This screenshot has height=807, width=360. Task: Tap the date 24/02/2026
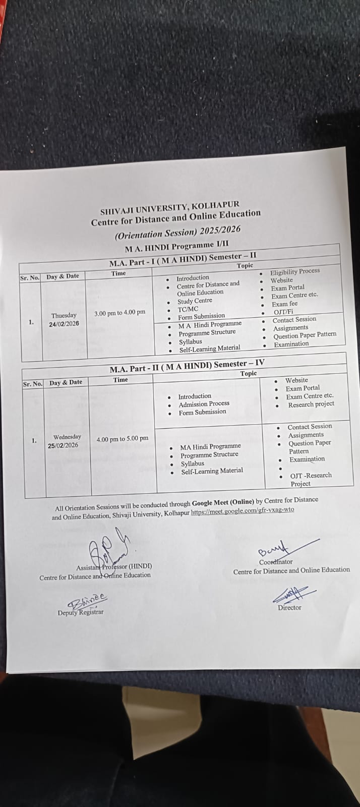click(x=64, y=324)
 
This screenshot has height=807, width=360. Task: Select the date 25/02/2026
click(x=63, y=445)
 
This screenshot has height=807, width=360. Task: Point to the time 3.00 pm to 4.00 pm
click(x=119, y=313)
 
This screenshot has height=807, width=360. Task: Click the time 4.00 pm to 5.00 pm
click(x=123, y=439)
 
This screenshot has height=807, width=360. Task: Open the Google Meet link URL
click(x=242, y=510)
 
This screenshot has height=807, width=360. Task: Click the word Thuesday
click(x=64, y=316)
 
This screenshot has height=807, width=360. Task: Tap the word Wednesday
click(x=67, y=437)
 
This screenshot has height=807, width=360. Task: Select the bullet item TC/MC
click(x=188, y=309)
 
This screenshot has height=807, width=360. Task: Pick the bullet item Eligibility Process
click(x=294, y=271)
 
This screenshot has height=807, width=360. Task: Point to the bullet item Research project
click(x=311, y=405)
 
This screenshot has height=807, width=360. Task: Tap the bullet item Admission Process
click(x=204, y=404)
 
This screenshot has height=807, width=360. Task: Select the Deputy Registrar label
click(x=81, y=612)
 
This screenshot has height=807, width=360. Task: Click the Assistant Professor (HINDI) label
click(x=114, y=566)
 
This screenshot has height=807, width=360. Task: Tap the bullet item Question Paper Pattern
click(x=305, y=335)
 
